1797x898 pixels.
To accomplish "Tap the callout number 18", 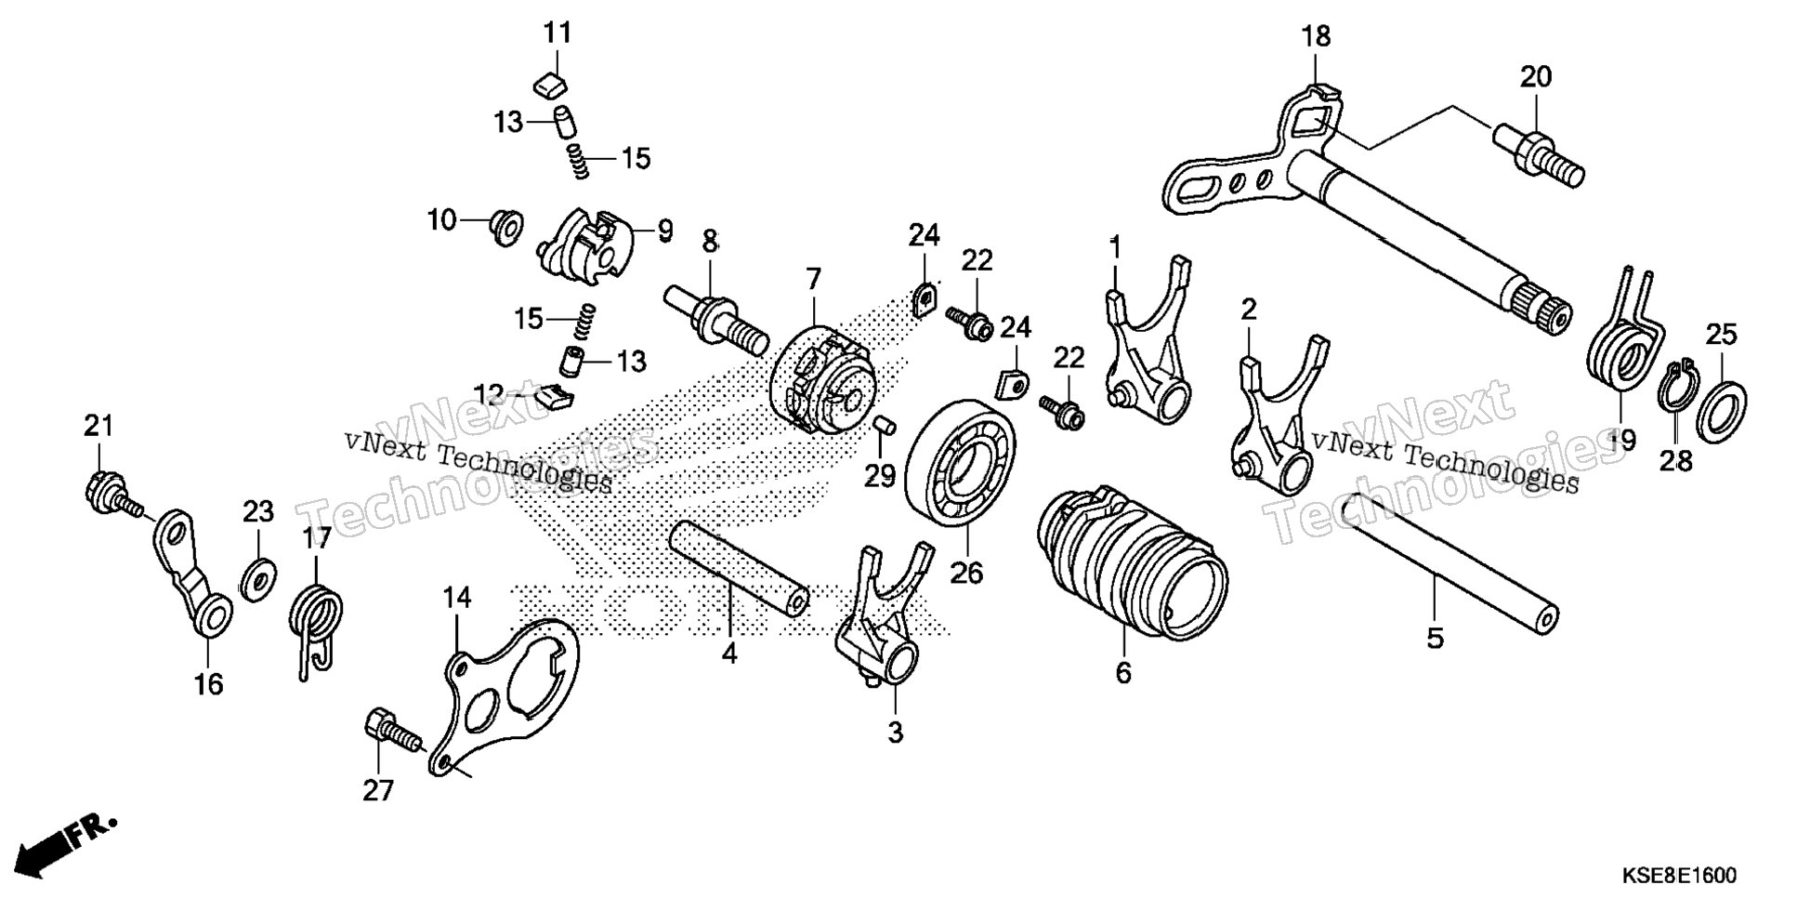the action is coord(1316,36).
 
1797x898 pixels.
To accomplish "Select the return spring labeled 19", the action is coord(1620,344).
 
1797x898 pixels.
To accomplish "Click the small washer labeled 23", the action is coord(258,576).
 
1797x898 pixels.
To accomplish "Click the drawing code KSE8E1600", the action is coord(1679,876).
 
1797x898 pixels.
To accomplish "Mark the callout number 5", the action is coord(1435,639).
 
